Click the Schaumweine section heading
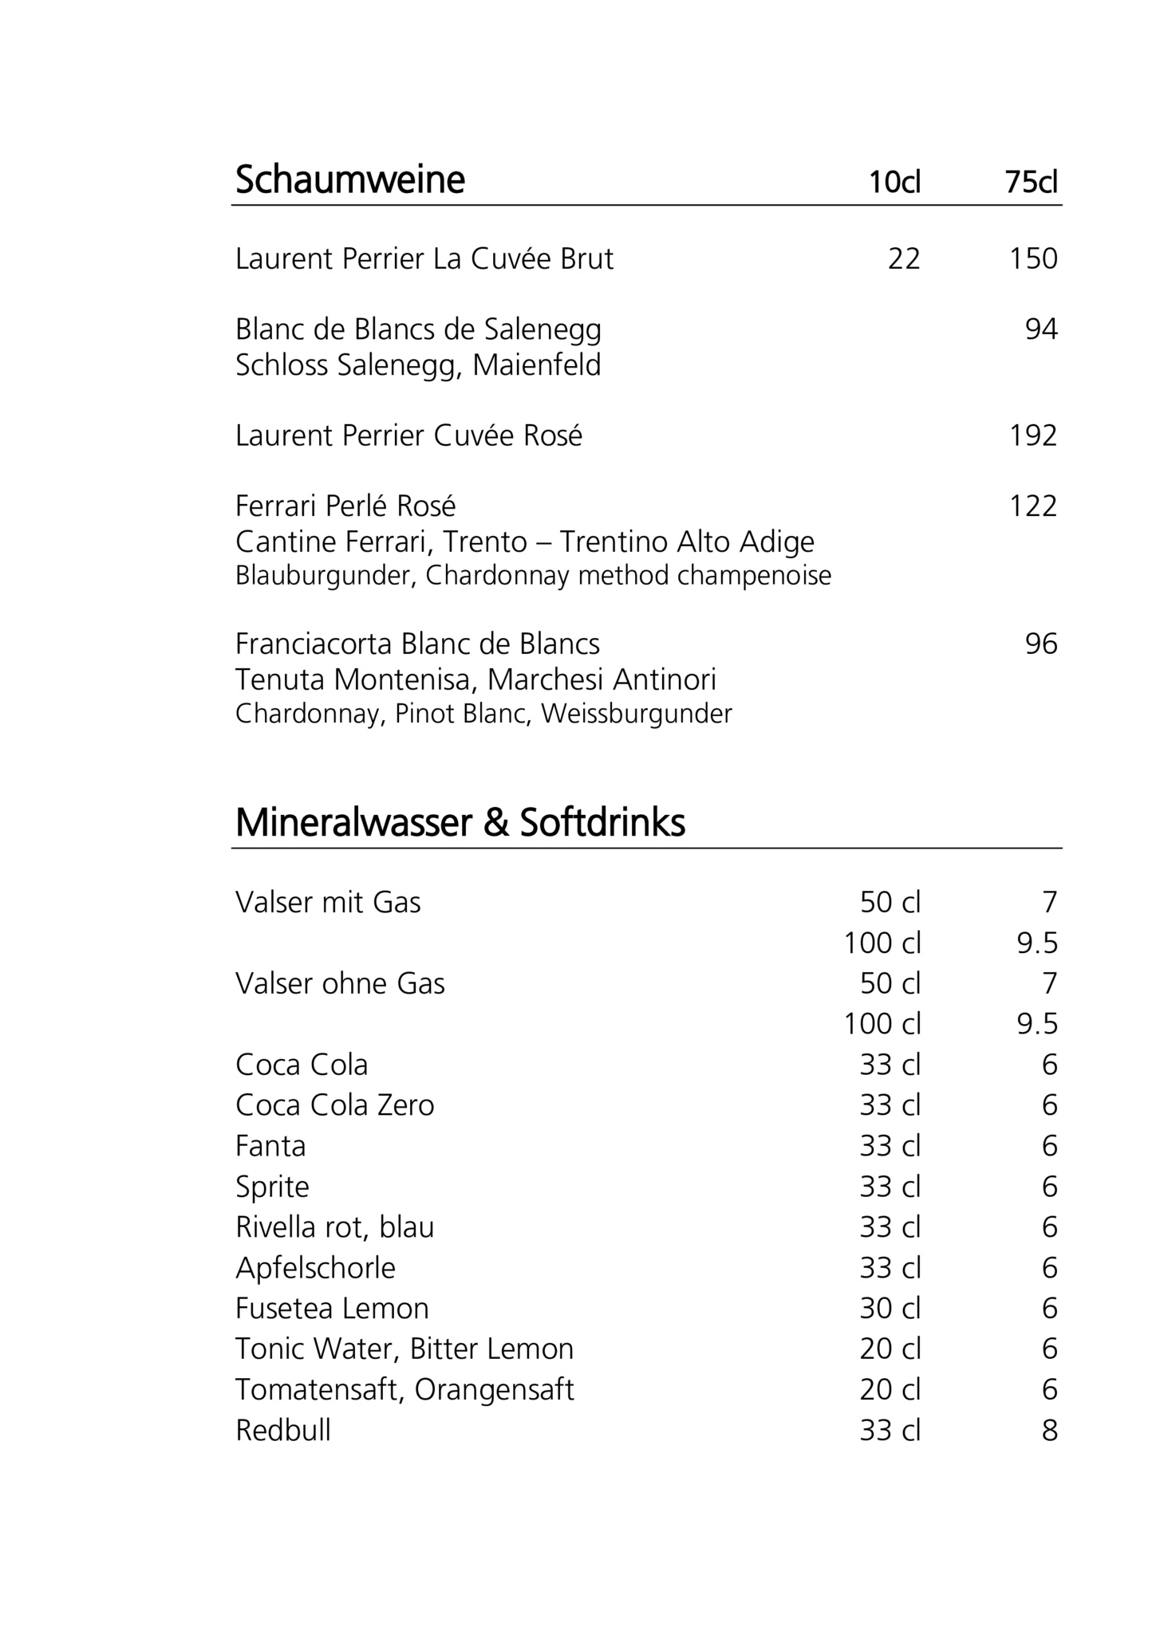tap(349, 179)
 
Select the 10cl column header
tap(894, 183)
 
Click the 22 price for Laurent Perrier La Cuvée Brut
tap(904, 258)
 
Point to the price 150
tap(1033, 258)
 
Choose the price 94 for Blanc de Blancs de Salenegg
tap(1041, 329)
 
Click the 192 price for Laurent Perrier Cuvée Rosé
tap(1033, 435)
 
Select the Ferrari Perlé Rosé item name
tap(345, 506)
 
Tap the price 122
tap(1033, 506)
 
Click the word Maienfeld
tap(536, 365)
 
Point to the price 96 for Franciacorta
tap(1041, 644)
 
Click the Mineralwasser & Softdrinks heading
tap(460, 823)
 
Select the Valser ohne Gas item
tap(340, 983)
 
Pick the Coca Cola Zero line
tap(335, 1105)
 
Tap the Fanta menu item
tap(270, 1146)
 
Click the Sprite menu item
tap(272, 1187)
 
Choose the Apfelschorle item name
tap(315, 1267)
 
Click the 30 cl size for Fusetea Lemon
tap(890, 1308)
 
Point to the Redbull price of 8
tap(1049, 1430)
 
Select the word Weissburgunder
tap(637, 714)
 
